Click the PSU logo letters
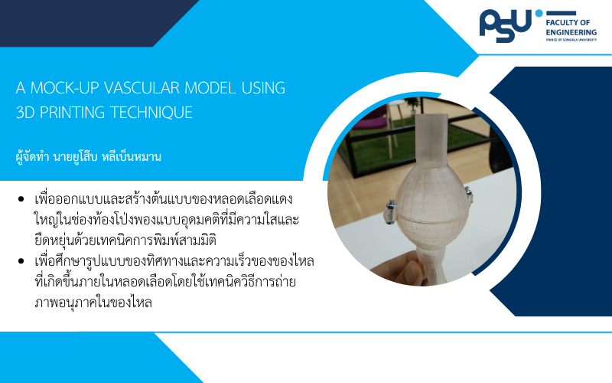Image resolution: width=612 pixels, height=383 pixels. coord(505,25)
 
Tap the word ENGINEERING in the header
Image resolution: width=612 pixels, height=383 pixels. coord(571,32)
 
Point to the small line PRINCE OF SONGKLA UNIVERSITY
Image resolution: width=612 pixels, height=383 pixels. coord(571,40)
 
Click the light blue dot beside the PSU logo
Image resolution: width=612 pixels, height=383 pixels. coord(539,13)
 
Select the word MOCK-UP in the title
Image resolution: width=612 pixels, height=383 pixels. coord(65,88)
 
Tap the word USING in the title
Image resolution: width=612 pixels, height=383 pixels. coord(263,88)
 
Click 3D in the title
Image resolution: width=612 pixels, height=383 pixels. coord(26,112)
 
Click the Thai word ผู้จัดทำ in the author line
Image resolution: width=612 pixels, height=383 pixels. coord(32,157)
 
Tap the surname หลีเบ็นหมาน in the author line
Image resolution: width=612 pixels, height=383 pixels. coord(132,157)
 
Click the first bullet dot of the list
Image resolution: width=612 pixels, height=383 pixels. coord(21,199)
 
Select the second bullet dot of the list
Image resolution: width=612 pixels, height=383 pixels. coord(21,261)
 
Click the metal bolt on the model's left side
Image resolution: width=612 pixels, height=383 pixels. coord(390,211)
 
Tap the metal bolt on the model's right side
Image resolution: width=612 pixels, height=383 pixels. coord(468,195)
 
